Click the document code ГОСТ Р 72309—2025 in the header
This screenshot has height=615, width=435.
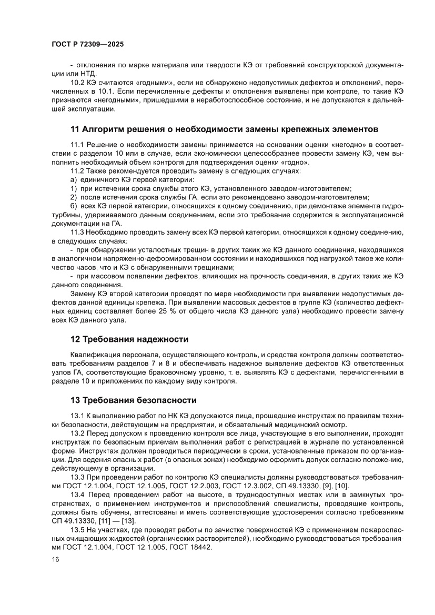(x=88, y=46)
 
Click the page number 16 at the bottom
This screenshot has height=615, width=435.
(x=56, y=560)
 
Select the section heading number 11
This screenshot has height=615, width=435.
(x=75, y=129)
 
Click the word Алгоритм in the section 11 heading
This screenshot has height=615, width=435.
(x=106, y=129)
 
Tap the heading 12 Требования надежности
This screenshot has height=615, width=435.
(x=129, y=339)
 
